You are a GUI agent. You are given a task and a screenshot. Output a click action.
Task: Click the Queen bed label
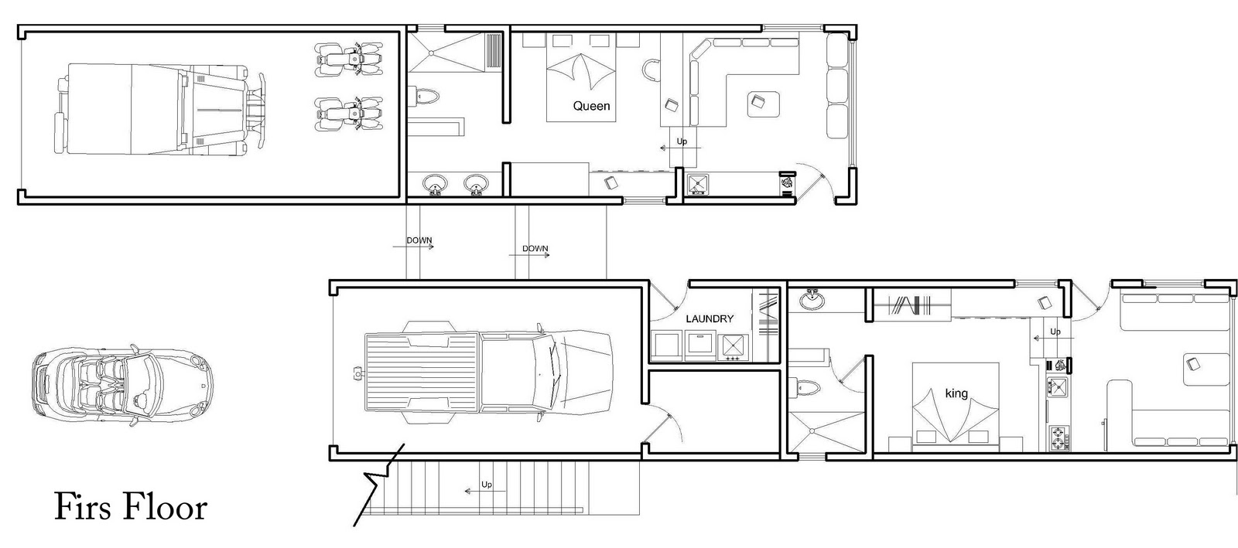[591, 106]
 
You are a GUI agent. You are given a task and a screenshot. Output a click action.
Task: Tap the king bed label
[956, 393]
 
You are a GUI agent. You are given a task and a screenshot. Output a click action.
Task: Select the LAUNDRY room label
[710, 318]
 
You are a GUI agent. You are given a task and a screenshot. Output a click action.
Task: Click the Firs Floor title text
[131, 508]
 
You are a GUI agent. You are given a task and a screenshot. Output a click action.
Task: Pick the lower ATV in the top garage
[349, 114]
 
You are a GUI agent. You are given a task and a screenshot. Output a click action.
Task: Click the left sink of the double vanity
[435, 184]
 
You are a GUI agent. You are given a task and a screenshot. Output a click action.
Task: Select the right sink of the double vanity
[475, 184]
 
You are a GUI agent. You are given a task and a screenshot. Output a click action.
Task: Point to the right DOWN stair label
[535, 249]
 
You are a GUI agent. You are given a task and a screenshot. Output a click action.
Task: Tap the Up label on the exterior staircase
[487, 485]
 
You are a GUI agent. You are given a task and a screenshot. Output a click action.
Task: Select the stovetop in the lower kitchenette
[1058, 437]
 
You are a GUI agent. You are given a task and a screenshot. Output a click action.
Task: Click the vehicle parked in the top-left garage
[155, 108]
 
